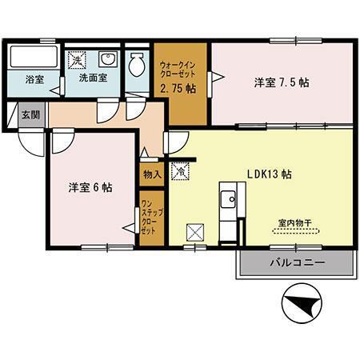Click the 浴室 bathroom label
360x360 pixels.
tap(34, 80)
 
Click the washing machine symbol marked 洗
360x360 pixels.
tap(77, 60)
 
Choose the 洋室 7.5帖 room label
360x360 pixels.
tap(282, 82)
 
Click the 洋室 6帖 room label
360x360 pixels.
tap(90, 187)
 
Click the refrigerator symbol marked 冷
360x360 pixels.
tap(181, 171)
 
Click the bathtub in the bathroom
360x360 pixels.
tap(34, 59)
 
